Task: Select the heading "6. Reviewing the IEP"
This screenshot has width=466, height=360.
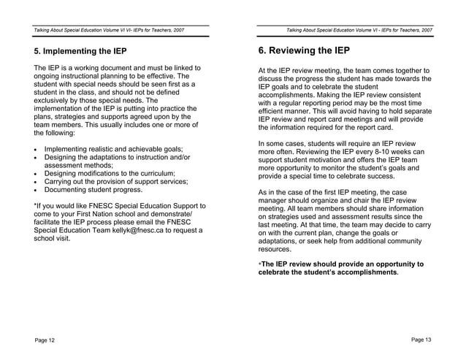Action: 304,51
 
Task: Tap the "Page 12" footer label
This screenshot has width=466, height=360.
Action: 44,340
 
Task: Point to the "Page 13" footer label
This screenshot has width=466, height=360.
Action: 421,340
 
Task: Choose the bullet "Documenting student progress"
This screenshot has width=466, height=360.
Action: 93,189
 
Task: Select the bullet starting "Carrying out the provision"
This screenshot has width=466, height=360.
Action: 116,181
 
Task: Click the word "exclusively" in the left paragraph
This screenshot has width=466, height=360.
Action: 54,100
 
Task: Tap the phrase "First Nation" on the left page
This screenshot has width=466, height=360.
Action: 94,214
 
